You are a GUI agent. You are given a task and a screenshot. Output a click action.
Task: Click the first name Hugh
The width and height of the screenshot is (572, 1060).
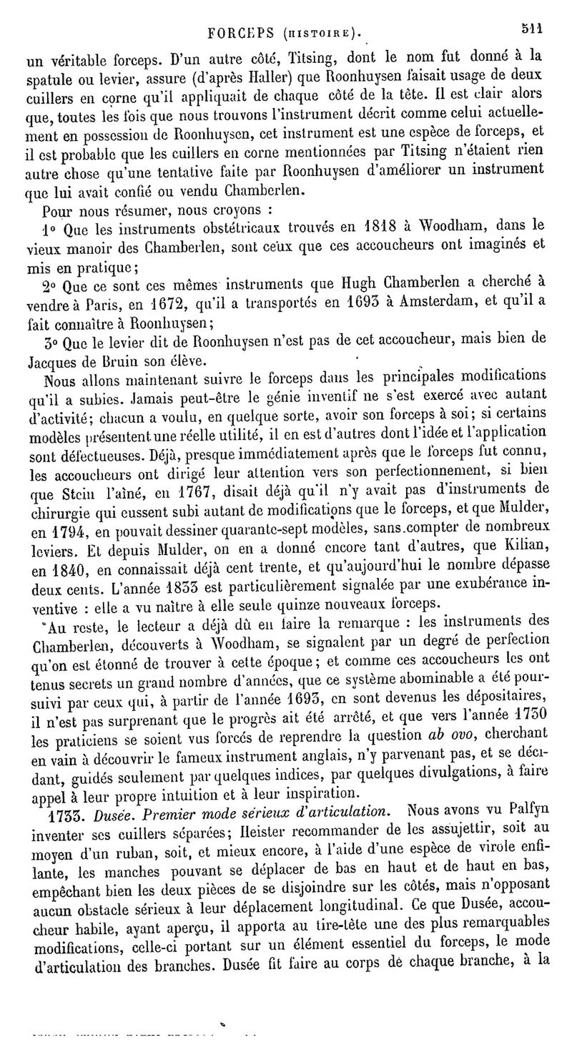[x=354, y=283]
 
